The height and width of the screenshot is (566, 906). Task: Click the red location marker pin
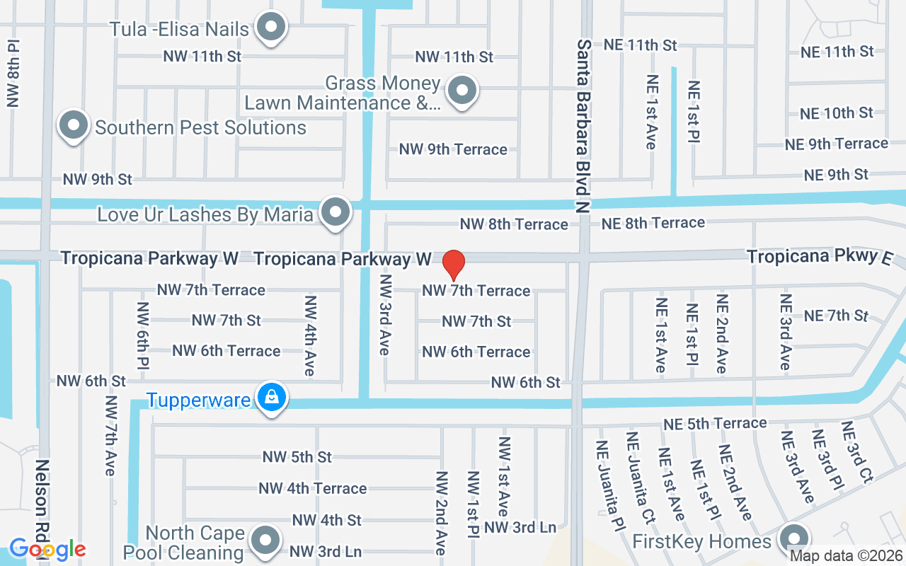[x=453, y=265]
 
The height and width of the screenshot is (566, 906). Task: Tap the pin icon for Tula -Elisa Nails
[x=270, y=28]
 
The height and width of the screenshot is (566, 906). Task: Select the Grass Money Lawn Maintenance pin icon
[x=462, y=91]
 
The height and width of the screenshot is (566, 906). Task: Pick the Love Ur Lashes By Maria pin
[x=336, y=212]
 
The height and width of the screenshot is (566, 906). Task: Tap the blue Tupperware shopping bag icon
[x=271, y=398]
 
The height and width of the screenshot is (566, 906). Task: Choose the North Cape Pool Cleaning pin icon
[x=266, y=541]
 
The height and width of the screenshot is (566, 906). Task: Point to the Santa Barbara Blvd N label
[x=583, y=125]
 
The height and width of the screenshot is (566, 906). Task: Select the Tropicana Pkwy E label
[x=819, y=256]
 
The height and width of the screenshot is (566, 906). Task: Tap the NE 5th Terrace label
[x=715, y=423]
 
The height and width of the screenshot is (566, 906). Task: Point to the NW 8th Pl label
[x=13, y=74]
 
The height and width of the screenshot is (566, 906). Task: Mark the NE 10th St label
[x=836, y=112]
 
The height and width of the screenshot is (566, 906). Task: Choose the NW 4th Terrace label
[x=312, y=488]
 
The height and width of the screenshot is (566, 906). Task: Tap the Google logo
[x=47, y=549]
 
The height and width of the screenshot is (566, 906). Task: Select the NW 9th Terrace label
[x=453, y=149]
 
